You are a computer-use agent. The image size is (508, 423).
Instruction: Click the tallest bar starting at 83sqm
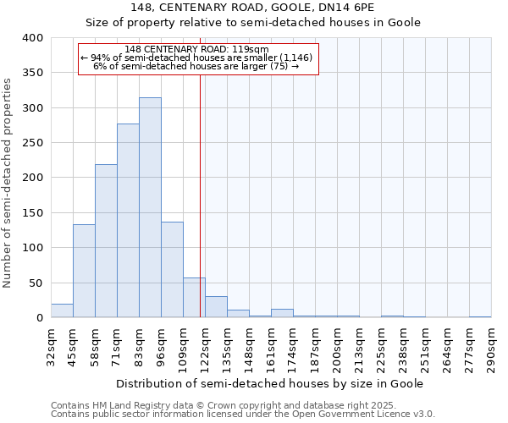[x=150, y=207]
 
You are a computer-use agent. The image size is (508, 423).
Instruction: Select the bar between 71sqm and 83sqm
[x=128, y=221]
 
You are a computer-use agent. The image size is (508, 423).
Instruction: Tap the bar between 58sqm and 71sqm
[x=106, y=241]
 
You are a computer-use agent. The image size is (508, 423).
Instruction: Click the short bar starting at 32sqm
[x=62, y=310]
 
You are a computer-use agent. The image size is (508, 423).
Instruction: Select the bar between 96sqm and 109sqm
[x=172, y=270]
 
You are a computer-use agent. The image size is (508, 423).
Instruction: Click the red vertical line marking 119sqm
[x=200, y=169]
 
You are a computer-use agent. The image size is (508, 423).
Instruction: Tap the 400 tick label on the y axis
[x=32, y=38]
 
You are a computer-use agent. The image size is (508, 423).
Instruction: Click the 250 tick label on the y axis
[x=32, y=143]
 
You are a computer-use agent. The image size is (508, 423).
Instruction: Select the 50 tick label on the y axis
[x=35, y=283]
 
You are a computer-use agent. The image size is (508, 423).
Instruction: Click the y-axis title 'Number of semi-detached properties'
[x=8, y=182]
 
